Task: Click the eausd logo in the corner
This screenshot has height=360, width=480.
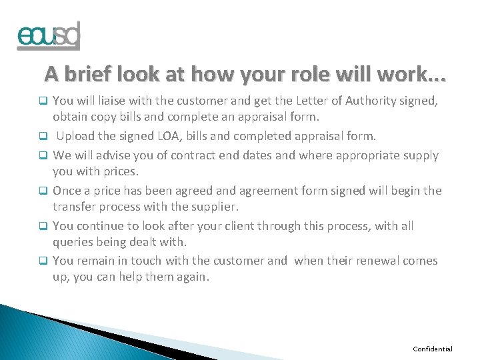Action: pyautogui.click(x=48, y=36)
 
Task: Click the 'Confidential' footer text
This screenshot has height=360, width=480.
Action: pyautogui.click(x=433, y=349)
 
